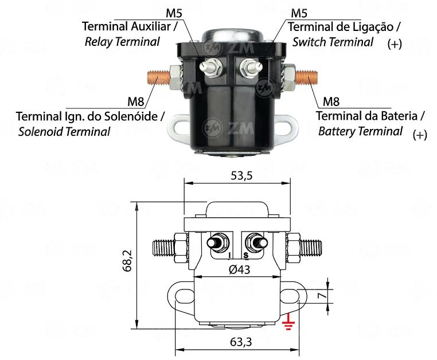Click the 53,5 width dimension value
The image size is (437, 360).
point(241,175)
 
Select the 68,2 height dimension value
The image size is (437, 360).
point(127,261)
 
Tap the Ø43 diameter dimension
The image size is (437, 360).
point(239,269)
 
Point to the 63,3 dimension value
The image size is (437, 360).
point(241,342)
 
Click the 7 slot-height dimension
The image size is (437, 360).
point(322,295)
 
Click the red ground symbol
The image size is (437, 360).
point(288,323)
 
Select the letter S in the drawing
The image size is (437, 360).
point(246,255)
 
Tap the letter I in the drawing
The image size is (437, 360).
point(229,255)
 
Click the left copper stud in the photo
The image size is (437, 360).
point(158,78)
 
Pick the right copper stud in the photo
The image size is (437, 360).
point(306,78)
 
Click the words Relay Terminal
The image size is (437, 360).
point(122,42)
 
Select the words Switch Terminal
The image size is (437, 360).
point(333,42)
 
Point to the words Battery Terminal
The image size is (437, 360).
point(360,131)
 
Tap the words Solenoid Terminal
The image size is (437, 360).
point(64,131)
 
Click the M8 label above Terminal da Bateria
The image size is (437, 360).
point(331,102)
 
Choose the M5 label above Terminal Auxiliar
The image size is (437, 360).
point(174,13)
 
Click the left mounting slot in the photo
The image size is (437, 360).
point(181,128)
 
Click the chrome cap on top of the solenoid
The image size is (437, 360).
point(233,36)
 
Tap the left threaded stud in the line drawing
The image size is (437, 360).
point(163,248)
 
